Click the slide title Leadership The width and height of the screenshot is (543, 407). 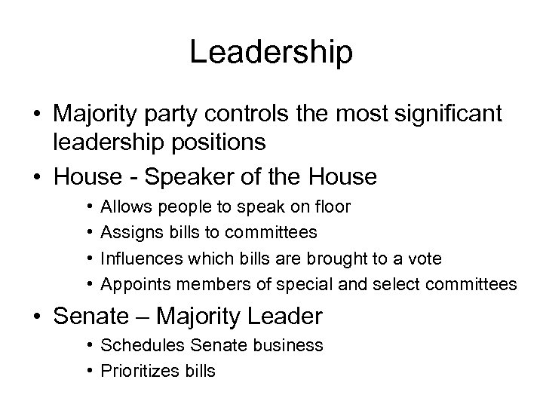271,53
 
